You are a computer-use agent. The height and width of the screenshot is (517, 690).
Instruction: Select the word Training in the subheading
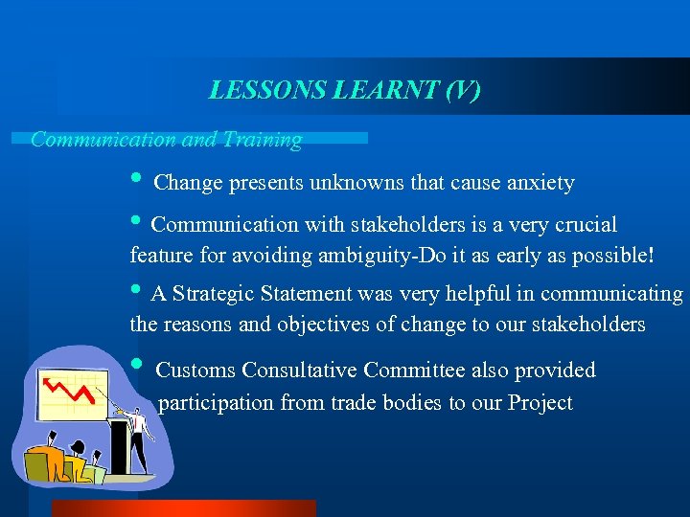(263, 140)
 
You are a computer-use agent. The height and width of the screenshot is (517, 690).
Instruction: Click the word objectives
(322, 325)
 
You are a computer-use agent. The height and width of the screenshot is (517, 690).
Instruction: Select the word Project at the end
(539, 403)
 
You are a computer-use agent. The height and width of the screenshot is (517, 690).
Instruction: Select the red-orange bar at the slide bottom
(182, 508)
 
